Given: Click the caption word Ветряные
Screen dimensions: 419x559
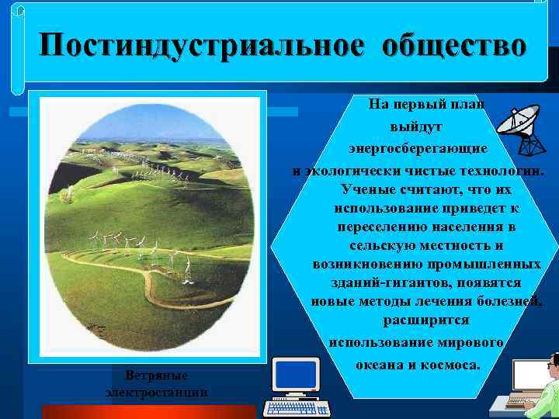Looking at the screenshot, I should pos(156,376).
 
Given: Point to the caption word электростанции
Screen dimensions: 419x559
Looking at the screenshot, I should pos(156,393).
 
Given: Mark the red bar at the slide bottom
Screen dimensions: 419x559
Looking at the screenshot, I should pos(148,411).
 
